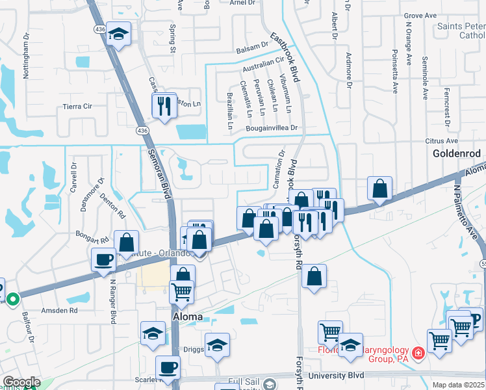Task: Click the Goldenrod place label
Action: (457, 153)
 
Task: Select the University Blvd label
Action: (336, 375)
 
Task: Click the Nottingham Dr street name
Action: (27, 57)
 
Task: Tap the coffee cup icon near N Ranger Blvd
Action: (103, 260)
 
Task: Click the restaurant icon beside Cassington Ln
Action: (164, 105)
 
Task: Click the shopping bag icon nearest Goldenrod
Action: (379, 188)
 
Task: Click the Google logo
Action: (21, 382)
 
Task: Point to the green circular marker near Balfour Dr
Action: (13, 300)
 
